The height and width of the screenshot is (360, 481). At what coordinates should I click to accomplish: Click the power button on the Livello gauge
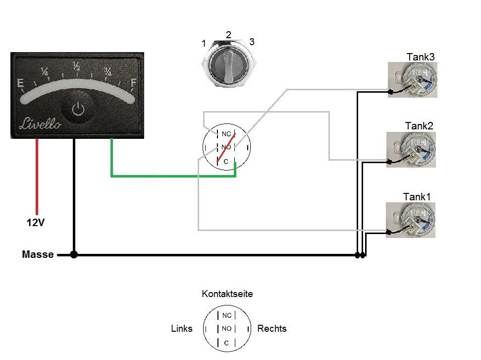[x=78, y=109]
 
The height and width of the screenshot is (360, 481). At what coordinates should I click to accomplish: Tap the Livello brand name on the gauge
[x=40, y=124]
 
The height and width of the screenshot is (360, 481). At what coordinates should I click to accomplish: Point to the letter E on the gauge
[x=21, y=84]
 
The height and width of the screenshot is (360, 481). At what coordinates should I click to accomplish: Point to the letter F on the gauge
[x=133, y=83]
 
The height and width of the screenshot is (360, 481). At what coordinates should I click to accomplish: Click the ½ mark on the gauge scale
[x=76, y=65]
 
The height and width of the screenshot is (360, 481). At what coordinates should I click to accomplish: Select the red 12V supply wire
[x=36, y=176]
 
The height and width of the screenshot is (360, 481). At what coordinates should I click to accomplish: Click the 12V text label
[x=36, y=223]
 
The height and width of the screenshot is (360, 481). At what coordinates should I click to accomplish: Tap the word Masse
[x=38, y=255]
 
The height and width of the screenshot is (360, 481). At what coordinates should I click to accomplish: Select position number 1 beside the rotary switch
[x=204, y=44]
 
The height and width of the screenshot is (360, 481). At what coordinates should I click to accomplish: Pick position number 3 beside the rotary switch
[x=252, y=42]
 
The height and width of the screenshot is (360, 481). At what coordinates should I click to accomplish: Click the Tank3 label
[x=421, y=57]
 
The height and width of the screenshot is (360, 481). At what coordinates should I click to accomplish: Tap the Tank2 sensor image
[x=411, y=149]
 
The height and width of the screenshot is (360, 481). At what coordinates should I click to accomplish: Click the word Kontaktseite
[x=227, y=294]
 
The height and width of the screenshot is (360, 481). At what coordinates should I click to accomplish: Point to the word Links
[x=181, y=329]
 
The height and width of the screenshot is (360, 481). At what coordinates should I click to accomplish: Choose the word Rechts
[x=271, y=329]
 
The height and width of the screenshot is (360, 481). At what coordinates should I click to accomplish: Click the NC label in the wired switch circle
[x=226, y=134]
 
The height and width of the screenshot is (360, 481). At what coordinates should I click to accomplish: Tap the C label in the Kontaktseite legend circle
[x=226, y=343]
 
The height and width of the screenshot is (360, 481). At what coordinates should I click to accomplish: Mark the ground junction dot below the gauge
[x=74, y=255]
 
